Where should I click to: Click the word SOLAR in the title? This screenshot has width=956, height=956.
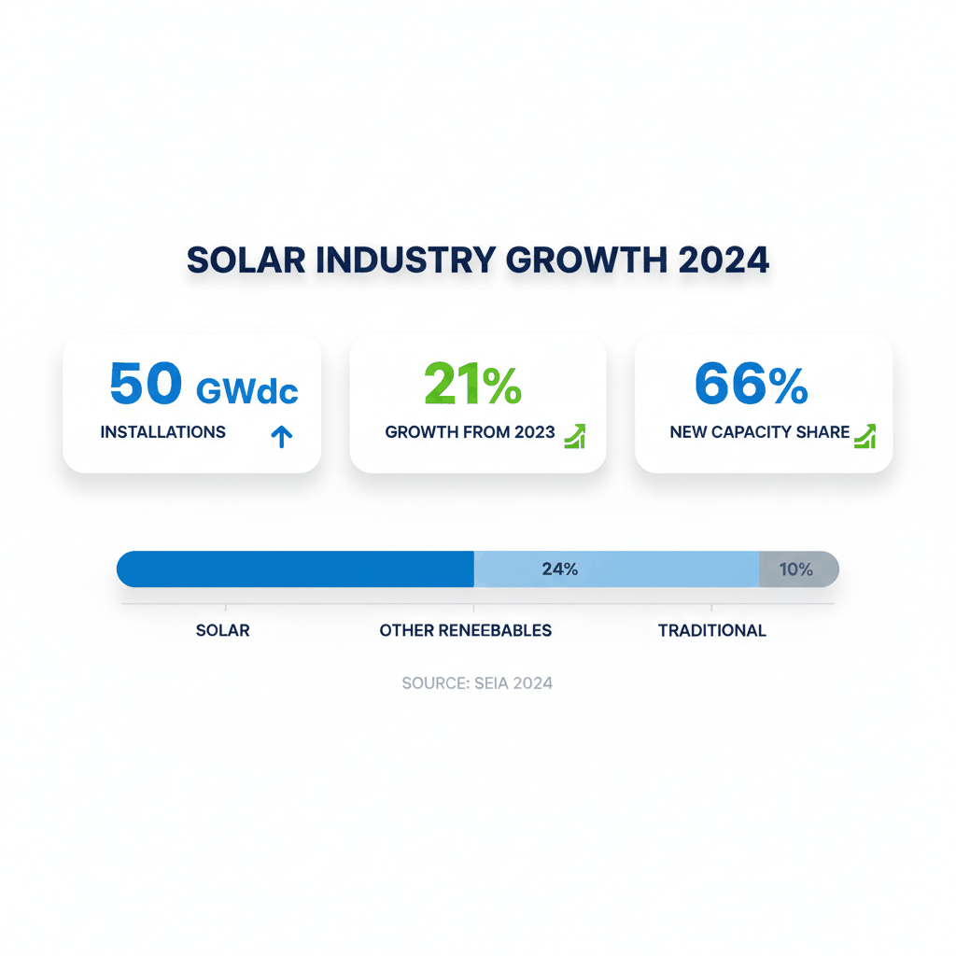tap(246, 260)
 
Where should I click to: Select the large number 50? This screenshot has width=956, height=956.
tap(146, 384)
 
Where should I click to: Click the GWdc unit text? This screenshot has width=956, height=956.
tap(247, 390)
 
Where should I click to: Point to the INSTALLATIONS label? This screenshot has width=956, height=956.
tap(162, 432)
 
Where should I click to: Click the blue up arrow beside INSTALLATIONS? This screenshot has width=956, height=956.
tap(281, 435)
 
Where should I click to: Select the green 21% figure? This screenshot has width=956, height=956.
tap(472, 384)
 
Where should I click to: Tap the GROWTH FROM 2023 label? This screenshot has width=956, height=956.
tap(470, 432)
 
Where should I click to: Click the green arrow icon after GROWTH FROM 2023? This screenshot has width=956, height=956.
tap(575, 436)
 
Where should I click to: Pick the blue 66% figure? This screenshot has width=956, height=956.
tap(752, 384)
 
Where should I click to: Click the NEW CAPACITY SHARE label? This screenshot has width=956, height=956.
tap(760, 432)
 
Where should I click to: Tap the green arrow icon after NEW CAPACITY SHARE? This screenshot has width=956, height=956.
tap(865, 436)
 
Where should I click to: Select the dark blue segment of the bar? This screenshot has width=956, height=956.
tap(295, 569)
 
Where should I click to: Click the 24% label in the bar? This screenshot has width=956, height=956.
tap(560, 569)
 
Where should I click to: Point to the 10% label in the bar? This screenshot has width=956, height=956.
tap(795, 569)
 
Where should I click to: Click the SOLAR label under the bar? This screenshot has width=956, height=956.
tap(223, 630)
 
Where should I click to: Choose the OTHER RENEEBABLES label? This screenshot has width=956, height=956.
tap(466, 630)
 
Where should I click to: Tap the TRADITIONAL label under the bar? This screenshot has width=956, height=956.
tap(712, 630)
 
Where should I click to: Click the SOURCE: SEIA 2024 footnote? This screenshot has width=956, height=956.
tap(477, 683)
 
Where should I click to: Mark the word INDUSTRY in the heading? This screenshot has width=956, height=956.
tap(404, 260)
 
